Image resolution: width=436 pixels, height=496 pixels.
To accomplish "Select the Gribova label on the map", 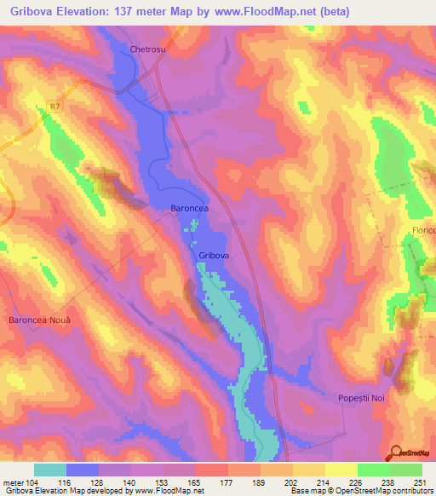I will pyautogui.click(x=214, y=255).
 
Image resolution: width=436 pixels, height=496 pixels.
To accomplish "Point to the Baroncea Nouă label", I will pyautogui.click(x=39, y=320).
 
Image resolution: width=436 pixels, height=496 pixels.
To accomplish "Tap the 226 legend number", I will pyautogui.click(x=357, y=482).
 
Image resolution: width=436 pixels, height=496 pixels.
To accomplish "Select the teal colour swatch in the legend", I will pyautogui.click(x=50, y=470).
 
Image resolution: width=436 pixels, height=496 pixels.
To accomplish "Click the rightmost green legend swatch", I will pyautogui.click(x=406, y=470).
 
